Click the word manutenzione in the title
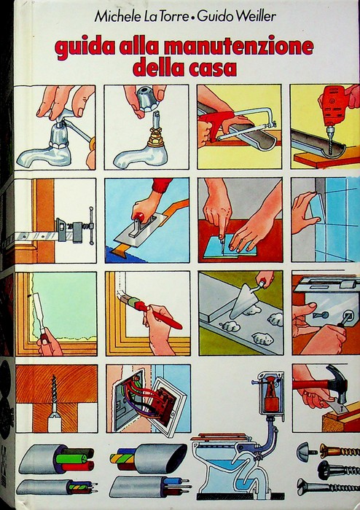tap(239, 48)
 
